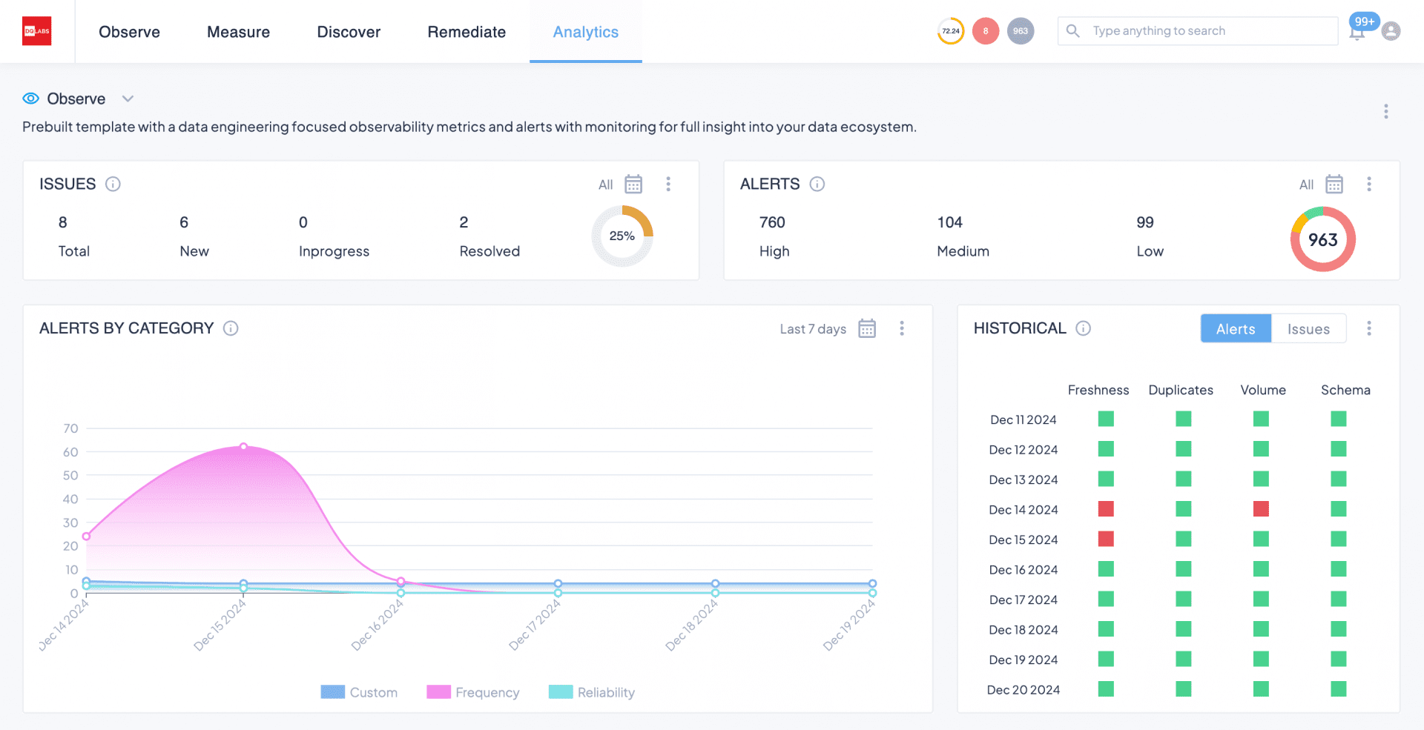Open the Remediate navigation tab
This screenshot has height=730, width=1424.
467,32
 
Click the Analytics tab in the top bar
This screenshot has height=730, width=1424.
585,32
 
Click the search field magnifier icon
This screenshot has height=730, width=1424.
1072,30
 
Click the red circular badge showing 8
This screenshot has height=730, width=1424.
985,31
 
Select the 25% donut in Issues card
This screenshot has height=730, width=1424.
622,236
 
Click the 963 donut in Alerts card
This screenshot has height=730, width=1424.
1322,239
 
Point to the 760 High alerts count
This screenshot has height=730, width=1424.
772,222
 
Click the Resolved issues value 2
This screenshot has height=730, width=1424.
464,222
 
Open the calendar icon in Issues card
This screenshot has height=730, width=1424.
633,184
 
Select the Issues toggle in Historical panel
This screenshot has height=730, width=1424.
1308,329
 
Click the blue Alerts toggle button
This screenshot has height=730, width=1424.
1236,329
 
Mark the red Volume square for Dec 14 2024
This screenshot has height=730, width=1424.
1261,509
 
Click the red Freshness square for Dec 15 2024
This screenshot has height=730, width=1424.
1106,539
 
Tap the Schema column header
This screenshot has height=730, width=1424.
1345,390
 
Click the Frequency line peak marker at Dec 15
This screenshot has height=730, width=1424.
243,446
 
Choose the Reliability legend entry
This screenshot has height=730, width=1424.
592,692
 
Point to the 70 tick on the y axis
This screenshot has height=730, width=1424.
70,428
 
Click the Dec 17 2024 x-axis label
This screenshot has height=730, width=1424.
535,625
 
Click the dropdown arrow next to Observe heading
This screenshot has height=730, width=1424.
128,99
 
